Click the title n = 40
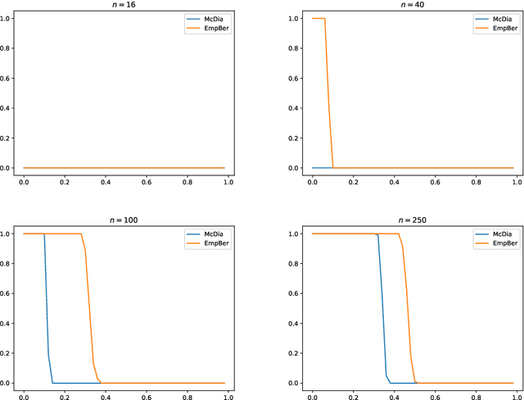[413, 5]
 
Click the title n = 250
[413, 220]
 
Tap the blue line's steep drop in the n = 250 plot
[382, 311]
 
